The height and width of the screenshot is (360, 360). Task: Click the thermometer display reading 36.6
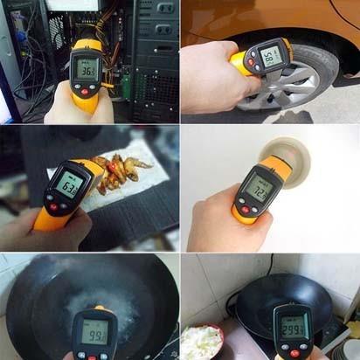(x=87, y=67)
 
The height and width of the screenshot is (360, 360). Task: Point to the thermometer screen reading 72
(x=259, y=187)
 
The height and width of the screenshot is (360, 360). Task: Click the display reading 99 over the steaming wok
(x=94, y=331)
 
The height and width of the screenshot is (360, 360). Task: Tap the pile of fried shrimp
(x=119, y=170)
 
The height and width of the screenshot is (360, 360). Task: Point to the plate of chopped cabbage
(x=204, y=340)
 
